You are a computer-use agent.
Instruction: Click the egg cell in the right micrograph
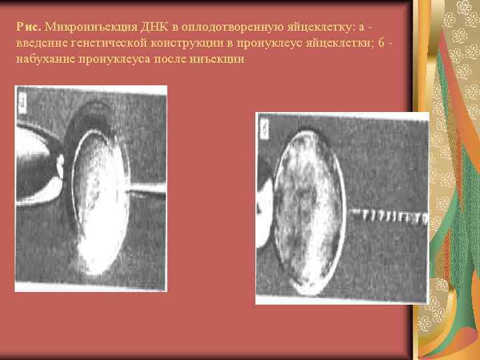click(x=307, y=207)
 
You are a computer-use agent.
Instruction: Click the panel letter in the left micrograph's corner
click(x=23, y=102)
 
